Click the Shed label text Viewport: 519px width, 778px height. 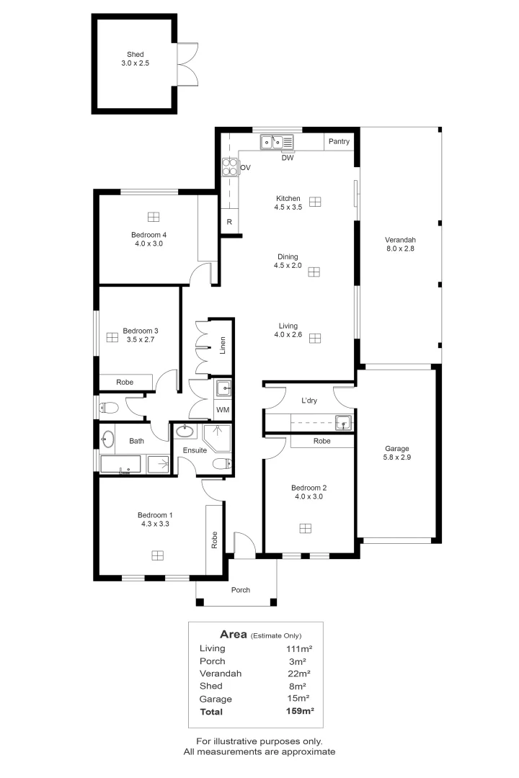(135, 54)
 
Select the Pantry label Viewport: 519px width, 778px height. (339, 142)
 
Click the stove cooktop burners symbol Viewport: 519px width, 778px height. (229, 168)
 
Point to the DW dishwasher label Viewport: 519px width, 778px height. (287, 157)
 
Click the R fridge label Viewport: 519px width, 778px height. (229, 222)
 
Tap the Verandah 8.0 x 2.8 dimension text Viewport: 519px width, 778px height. (400, 249)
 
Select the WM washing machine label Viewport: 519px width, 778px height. (223, 410)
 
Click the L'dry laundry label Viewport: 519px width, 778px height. (311, 400)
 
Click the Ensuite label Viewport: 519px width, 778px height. (195, 450)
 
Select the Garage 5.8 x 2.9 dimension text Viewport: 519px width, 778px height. (397, 457)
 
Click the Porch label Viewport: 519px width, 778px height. (240, 590)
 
